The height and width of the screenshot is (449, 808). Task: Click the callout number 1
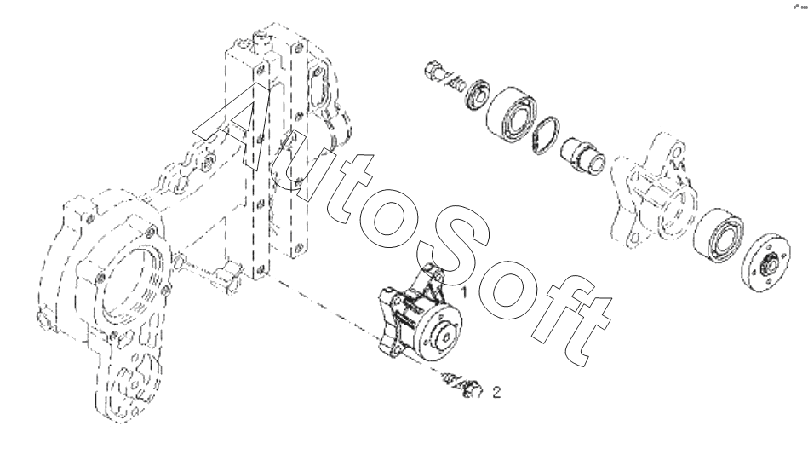click(464, 291)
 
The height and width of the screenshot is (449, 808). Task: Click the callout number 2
click(496, 393)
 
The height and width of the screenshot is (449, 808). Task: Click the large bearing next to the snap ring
click(510, 114)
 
